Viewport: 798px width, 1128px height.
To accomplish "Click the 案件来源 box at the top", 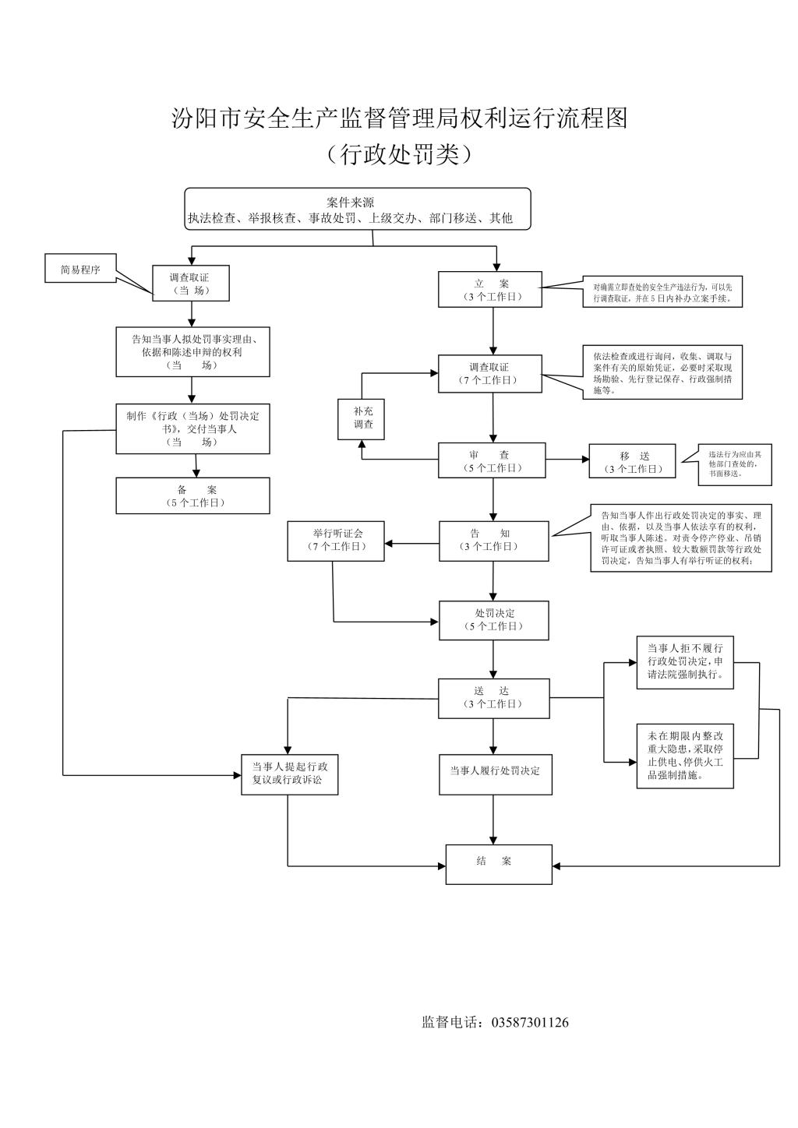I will (358, 209).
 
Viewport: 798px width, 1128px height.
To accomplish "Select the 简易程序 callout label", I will (80, 270).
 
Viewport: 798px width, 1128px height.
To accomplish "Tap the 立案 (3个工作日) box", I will (490, 290).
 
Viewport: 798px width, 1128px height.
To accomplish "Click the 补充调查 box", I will (362, 418).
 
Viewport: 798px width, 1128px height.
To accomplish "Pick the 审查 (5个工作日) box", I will (491, 460).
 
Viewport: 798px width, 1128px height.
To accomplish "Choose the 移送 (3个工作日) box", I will (632, 461).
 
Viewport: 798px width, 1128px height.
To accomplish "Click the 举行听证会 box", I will (337, 540).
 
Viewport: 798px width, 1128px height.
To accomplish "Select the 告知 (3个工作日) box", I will (493, 540).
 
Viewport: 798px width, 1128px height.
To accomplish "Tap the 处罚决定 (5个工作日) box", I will (494, 620).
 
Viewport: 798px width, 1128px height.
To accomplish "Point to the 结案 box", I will (499, 863).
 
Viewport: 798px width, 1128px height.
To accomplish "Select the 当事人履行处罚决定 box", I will (496, 774).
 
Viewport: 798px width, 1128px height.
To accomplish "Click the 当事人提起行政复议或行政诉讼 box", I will (289, 774).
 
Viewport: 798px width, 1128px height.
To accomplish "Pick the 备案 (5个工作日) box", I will (192, 495).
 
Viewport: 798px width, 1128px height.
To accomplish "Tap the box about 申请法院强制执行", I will (685, 661).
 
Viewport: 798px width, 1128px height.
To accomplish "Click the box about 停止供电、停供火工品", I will (685, 755).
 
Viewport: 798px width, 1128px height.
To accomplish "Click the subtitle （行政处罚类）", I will (399, 153).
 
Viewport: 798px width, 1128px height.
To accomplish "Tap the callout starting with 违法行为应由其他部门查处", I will (735, 463).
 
